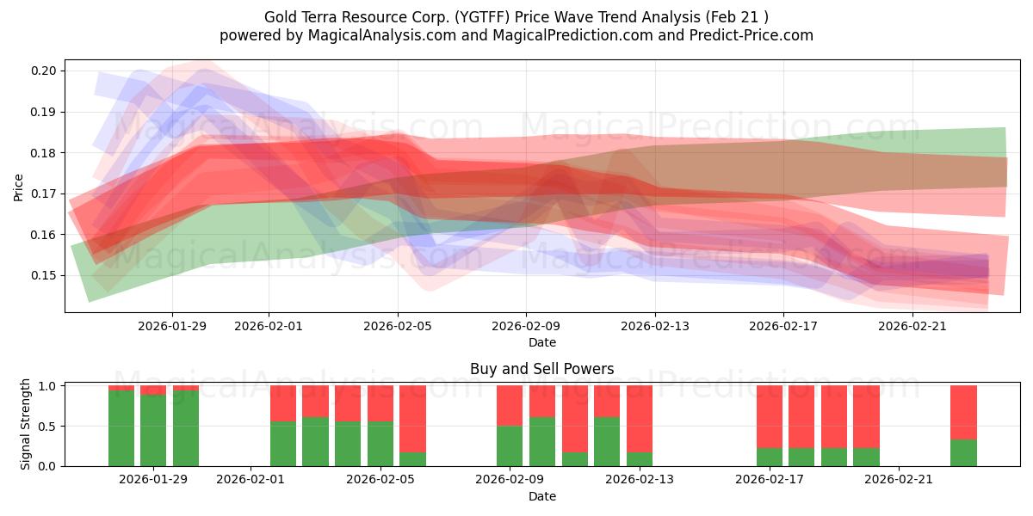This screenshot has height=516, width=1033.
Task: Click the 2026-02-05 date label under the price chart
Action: click(398, 326)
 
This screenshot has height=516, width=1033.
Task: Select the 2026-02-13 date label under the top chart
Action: click(655, 326)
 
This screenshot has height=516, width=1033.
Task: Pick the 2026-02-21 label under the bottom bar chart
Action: click(899, 480)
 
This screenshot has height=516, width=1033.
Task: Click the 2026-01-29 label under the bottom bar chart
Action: click(153, 480)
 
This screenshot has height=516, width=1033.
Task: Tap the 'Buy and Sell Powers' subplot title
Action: click(541, 369)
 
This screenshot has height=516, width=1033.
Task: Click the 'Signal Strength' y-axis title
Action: click(26, 424)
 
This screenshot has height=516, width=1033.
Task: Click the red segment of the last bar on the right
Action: click(963, 411)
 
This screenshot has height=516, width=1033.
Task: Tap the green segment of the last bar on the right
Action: click(963, 453)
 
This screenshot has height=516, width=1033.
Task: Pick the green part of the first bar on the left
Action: click(121, 428)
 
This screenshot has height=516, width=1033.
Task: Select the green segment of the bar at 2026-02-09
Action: click(510, 445)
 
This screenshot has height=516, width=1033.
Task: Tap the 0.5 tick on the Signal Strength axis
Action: click(50, 426)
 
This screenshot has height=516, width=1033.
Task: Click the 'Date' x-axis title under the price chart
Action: click(541, 342)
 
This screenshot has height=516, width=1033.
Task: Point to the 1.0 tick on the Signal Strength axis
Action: click(50, 386)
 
